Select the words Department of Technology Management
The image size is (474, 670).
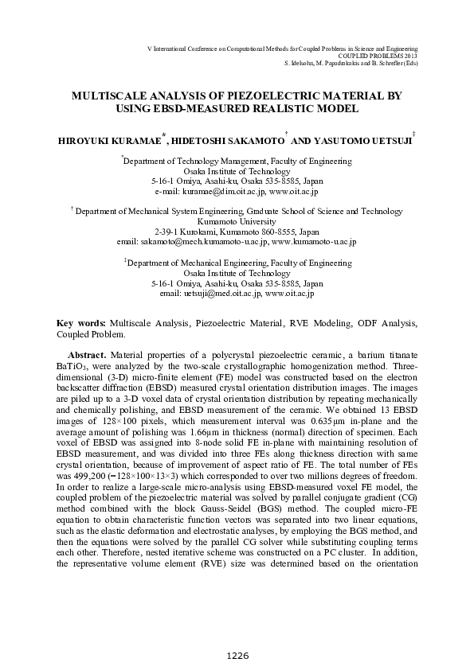tap(183, 160)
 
